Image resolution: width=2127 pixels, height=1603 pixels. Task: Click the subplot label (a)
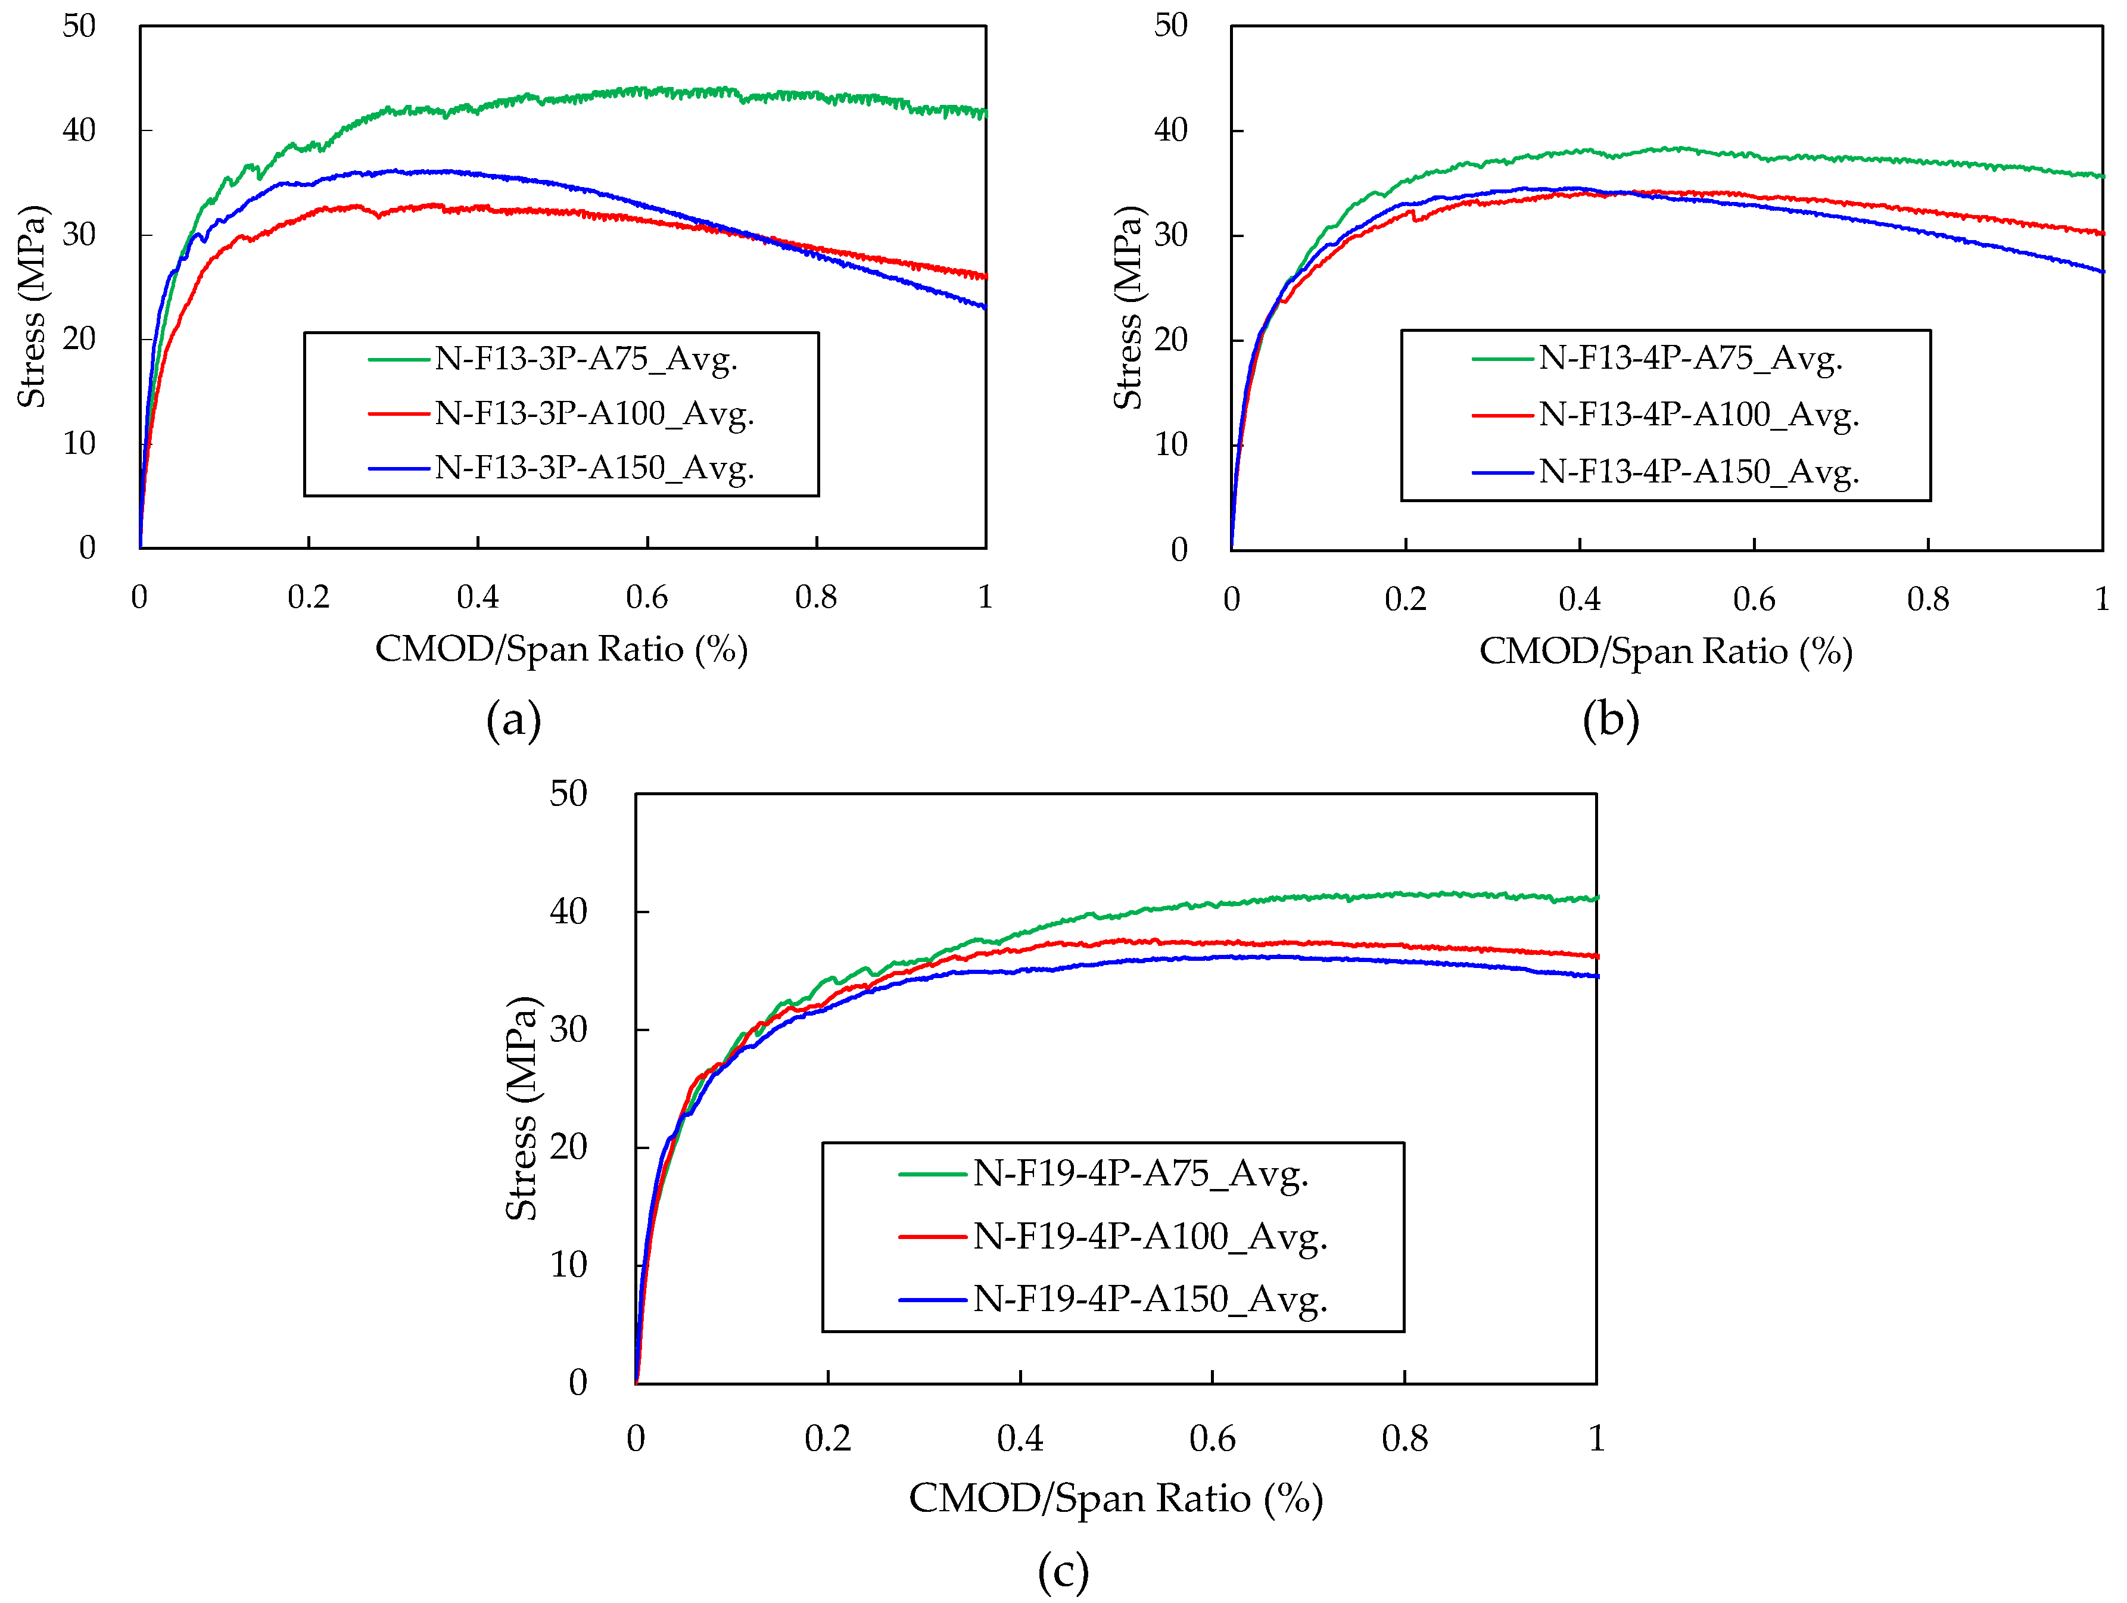click(x=513, y=719)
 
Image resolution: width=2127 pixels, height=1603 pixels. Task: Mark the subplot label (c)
click(x=1063, y=1572)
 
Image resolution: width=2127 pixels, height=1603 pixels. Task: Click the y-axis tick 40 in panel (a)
click(x=79, y=130)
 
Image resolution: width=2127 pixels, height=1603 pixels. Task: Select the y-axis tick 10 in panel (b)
click(x=1170, y=445)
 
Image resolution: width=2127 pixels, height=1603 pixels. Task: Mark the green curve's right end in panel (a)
click(x=985, y=113)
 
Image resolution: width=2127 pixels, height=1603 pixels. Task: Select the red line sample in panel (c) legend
click(x=931, y=1237)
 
